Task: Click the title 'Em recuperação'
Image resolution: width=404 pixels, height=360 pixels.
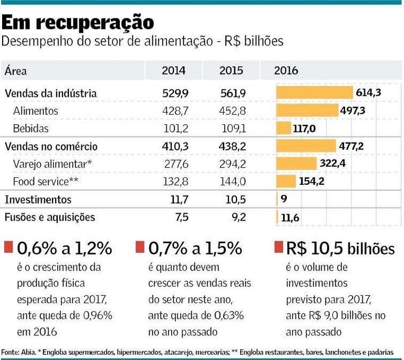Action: pyautogui.click(x=78, y=22)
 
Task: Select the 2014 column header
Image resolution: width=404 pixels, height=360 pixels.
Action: pyautogui.click(x=173, y=71)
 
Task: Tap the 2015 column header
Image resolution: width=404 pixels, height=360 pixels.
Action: pyautogui.click(x=231, y=71)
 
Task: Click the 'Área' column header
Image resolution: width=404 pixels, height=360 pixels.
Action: pyautogui.click(x=16, y=71)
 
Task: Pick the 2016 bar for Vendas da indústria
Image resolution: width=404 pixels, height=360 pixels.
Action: pyautogui.click(x=314, y=93)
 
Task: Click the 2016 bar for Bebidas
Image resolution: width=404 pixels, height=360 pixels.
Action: pyautogui.click(x=283, y=128)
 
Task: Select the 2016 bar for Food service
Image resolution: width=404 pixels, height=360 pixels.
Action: pyautogui.click(x=286, y=181)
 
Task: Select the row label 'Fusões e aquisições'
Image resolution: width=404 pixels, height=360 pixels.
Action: pyautogui.click(x=50, y=217)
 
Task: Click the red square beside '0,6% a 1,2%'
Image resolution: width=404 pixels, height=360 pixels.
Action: pyautogui.click(x=8, y=247)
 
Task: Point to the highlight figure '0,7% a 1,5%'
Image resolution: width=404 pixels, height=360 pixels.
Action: pyautogui.click(x=195, y=248)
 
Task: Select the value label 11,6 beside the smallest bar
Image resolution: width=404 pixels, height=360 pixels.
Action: pyautogui.click(x=290, y=217)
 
